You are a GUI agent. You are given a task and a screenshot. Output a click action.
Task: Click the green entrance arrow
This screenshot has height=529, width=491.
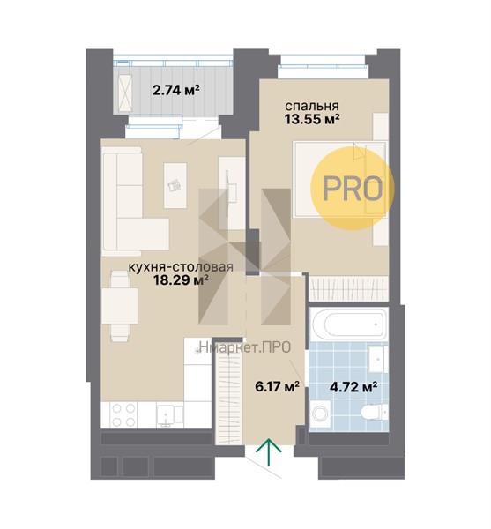click(x=269, y=451)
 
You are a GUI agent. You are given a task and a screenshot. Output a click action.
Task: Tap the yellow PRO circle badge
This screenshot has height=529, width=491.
click(x=353, y=189)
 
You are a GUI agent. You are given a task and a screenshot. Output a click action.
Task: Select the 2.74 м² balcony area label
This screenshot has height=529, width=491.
click(x=176, y=90)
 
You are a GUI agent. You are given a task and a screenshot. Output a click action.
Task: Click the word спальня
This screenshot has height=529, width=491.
click(x=312, y=106)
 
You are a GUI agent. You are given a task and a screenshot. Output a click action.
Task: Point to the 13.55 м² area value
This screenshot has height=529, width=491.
click(x=312, y=119)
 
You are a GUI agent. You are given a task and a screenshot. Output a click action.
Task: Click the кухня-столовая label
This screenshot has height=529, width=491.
click(x=181, y=267)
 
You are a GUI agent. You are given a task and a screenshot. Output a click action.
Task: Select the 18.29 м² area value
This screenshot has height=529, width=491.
click(x=181, y=279)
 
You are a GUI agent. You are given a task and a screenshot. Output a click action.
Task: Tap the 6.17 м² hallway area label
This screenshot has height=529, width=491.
click(x=277, y=387)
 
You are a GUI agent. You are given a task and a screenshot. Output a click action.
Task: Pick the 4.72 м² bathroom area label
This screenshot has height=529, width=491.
click(x=353, y=387)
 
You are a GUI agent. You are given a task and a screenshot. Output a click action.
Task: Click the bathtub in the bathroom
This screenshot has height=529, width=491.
click(x=349, y=324)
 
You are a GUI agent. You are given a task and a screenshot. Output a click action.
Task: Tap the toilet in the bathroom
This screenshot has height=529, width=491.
click(x=373, y=413)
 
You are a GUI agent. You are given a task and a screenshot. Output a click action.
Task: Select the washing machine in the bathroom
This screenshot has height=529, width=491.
click(x=320, y=414)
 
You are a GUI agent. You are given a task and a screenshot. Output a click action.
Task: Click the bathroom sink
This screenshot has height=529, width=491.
click(x=377, y=360)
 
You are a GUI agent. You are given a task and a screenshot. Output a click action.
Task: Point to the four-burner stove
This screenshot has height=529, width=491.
click(x=123, y=415)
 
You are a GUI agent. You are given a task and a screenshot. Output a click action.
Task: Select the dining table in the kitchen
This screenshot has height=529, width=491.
click(x=120, y=306)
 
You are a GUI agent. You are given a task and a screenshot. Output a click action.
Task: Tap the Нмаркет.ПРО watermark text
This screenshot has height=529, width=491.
click(x=245, y=347)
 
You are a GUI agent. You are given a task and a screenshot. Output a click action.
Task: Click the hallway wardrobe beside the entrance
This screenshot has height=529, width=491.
click(x=229, y=392)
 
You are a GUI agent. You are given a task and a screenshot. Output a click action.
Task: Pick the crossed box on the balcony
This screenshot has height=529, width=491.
click(x=125, y=93)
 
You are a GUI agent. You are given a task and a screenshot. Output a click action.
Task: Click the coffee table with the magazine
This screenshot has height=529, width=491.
click(x=175, y=185)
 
